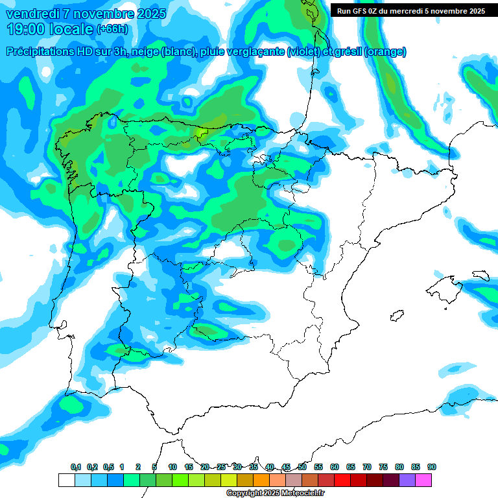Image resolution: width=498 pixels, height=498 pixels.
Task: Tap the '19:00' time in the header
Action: click(25, 29)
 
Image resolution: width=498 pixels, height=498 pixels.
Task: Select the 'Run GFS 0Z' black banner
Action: click(410, 10)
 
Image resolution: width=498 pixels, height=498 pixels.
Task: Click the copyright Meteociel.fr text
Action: click(276, 493)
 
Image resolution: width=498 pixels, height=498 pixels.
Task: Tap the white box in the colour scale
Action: click(67, 480)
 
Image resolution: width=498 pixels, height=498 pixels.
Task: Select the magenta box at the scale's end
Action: click(423, 480)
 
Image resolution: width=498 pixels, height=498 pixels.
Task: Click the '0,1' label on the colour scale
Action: click(76, 468)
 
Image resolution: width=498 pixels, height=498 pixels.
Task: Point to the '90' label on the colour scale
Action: click(432, 468)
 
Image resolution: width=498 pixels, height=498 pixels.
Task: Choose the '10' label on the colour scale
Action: click(172, 468)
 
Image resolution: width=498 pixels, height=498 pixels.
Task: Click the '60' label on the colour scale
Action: click(335, 468)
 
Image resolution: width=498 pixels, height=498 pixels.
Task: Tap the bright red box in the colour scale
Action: click(342, 480)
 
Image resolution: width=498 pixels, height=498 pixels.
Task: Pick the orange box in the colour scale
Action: click(261, 480)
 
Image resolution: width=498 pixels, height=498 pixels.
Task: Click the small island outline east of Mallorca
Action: click(480, 276)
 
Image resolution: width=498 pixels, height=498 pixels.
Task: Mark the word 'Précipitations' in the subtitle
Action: click(39, 52)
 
